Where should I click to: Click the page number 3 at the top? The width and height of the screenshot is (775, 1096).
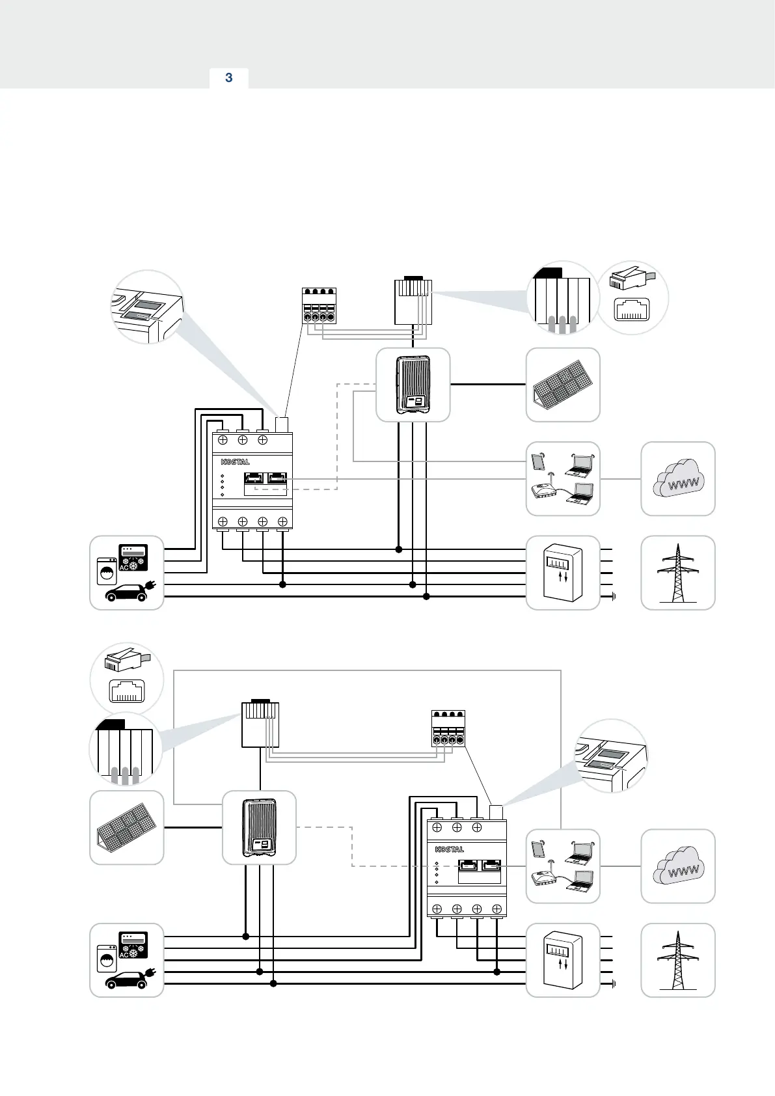[x=228, y=78]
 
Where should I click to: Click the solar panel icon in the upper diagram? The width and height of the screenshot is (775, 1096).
[x=562, y=385]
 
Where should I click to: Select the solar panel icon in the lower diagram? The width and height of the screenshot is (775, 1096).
[x=126, y=828]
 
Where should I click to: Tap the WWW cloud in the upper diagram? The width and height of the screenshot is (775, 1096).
[x=678, y=479]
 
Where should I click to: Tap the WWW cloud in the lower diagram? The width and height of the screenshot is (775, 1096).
[x=678, y=866]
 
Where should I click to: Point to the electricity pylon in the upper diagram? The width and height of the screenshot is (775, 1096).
[x=678, y=573]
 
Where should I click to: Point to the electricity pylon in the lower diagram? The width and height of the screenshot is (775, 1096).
[x=678, y=961]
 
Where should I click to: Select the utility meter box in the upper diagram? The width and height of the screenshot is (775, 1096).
[x=563, y=573]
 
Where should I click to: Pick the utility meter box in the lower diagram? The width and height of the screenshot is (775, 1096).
[x=563, y=961]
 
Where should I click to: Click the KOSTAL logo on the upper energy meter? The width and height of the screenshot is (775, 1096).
[x=236, y=462]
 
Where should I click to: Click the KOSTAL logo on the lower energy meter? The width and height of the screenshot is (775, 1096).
[x=450, y=849]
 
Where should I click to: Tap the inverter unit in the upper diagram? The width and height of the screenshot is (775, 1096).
[x=413, y=385]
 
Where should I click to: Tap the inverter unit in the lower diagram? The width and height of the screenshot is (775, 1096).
[x=259, y=828]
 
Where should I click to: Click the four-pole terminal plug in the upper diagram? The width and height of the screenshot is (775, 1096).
[x=320, y=306]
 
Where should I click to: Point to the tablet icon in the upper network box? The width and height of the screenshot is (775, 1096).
[x=538, y=461]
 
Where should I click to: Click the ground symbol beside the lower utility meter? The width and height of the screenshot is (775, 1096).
[x=614, y=983]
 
